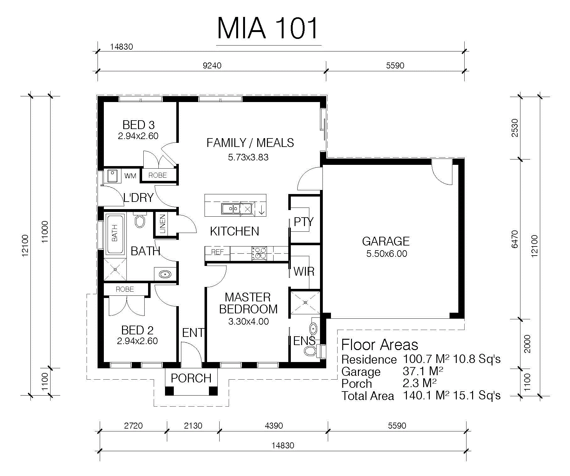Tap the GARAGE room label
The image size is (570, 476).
[x=386, y=241]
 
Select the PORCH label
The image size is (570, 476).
[x=191, y=378]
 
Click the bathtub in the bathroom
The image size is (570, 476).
[x=115, y=234]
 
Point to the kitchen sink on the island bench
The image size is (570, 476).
[x=231, y=209]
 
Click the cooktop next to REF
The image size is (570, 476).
[x=259, y=253]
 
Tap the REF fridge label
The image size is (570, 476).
[x=217, y=252]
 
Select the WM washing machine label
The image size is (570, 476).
[x=130, y=176]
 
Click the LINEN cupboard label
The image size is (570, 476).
[x=162, y=224]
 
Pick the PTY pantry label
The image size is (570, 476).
[x=303, y=222]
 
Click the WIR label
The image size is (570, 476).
[x=304, y=271]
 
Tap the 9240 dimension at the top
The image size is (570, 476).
[x=212, y=66]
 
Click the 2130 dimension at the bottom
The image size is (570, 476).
[x=193, y=426]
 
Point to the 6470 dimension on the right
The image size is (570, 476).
[x=515, y=239]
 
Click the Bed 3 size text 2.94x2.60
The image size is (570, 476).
[x=138, y=136]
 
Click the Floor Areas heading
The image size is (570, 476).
[x=380, y=345]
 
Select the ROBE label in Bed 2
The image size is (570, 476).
[x=125, y=289]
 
